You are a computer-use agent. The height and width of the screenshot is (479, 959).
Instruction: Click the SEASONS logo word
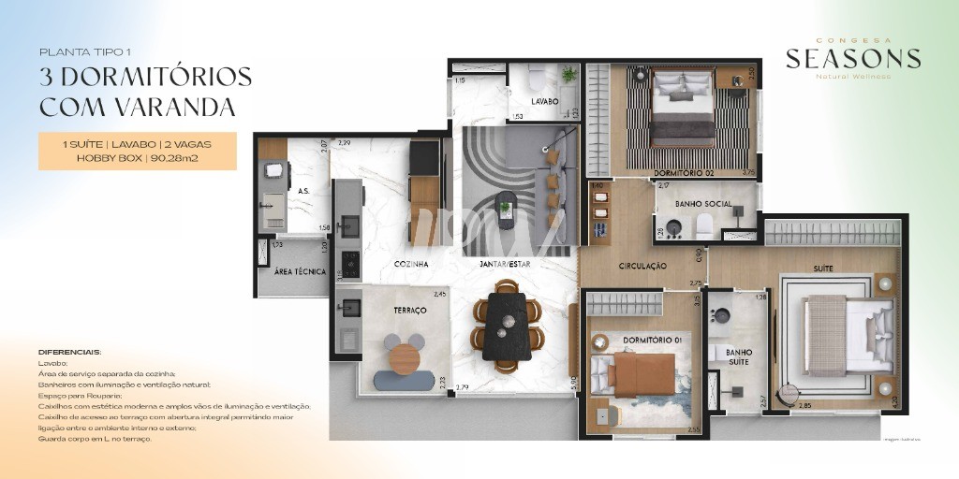[852, 59]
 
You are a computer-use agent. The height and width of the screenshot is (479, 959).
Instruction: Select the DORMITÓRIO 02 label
[678, 172]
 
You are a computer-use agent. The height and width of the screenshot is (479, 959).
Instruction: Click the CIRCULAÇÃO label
[642, 266]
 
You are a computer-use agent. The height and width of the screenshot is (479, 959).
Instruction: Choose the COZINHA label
[411, 265]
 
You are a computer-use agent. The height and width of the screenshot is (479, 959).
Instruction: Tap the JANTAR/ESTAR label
[505, 265]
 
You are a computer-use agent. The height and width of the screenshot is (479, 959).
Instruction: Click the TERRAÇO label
[409, 310]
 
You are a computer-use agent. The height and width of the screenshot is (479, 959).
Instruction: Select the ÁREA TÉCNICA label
[300, 271]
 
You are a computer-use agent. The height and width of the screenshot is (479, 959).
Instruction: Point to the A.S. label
[303, 190]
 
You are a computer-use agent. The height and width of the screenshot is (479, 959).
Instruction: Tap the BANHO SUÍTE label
[739, 358]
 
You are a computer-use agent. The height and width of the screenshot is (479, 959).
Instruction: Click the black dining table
[506, 325]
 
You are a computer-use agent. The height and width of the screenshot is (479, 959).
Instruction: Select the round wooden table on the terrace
[404, 358]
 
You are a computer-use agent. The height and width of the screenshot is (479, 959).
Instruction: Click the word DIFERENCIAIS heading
[70, 352]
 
